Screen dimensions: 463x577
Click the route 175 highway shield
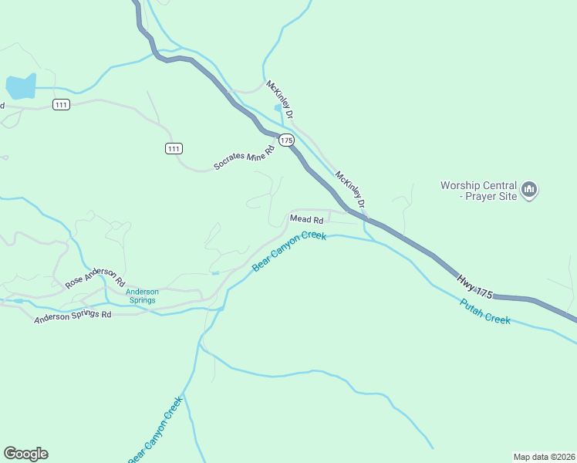point(287,140)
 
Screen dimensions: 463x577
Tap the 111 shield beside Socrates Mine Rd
point(174,148)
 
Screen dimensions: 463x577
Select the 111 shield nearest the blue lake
point(62,104)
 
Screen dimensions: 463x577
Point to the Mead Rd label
point(305,219)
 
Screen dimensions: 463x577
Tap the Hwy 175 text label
point(474,286)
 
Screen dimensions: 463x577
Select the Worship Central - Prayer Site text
point(477,191)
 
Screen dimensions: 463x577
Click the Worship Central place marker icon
point(529,189)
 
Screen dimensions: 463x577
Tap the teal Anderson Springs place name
point(142,296)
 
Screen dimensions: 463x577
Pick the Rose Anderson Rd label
point(95,279)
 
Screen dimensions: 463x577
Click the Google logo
point(25,454)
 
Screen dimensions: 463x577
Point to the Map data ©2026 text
point(544,456)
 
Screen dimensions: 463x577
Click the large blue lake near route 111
point(21,86)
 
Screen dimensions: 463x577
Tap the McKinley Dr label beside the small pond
point(280,99)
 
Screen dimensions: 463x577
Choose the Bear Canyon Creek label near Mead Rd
point(290,251)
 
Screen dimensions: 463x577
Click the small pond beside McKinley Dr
point(278,108)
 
